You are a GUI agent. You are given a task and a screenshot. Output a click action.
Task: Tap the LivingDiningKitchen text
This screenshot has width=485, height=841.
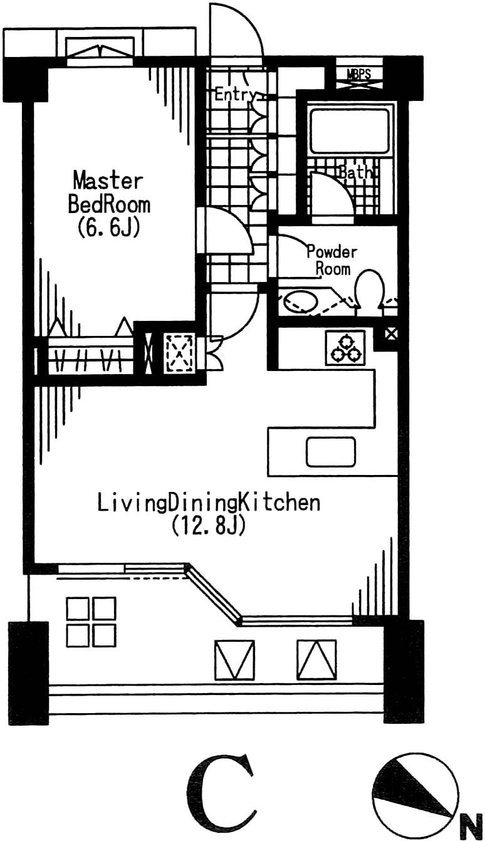coord(209,503)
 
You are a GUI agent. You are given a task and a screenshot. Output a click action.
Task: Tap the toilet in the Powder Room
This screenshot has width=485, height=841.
coord(369,290)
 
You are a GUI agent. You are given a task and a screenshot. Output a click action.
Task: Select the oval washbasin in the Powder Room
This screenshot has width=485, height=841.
coord(300,301)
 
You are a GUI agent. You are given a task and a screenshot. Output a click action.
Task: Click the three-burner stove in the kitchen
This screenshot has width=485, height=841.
coord(345,348)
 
